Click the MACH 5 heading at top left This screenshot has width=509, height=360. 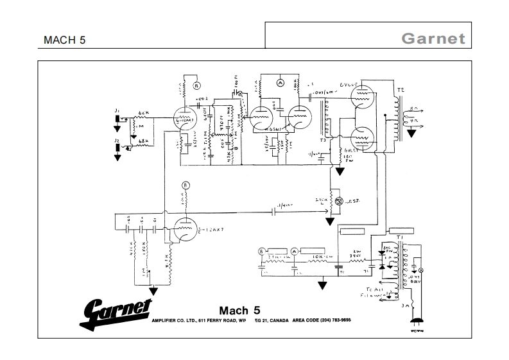(64, 39)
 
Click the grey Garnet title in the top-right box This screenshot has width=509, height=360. (433, 38)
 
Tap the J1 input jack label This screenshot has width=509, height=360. (117, 112)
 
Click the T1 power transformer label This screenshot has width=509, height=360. (401, 237)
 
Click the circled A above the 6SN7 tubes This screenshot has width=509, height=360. (280, 83)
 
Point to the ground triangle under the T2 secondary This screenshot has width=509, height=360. (411, 134)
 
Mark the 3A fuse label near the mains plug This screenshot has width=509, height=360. (404, 307)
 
